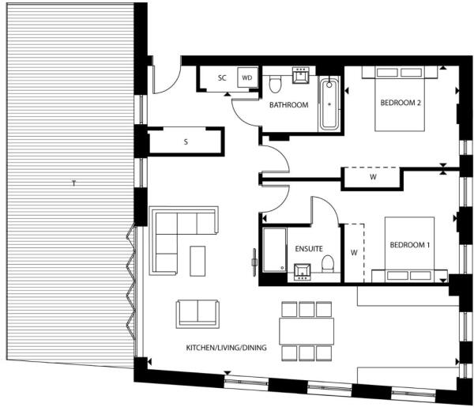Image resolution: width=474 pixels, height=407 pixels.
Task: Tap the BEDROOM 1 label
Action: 409,245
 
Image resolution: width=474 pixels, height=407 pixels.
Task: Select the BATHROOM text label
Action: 288,104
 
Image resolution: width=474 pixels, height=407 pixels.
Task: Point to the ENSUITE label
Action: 308,248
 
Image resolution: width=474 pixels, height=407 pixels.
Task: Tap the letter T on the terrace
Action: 73,183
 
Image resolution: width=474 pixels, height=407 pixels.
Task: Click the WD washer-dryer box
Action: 246,78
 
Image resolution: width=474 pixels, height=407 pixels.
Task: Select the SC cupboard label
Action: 222,78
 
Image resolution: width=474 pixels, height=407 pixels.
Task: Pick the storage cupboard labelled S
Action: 186,142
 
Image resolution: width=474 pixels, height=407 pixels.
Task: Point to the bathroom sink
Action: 301,77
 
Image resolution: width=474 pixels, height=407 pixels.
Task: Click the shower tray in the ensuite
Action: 274,251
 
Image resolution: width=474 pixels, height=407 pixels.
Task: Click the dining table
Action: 306,330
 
